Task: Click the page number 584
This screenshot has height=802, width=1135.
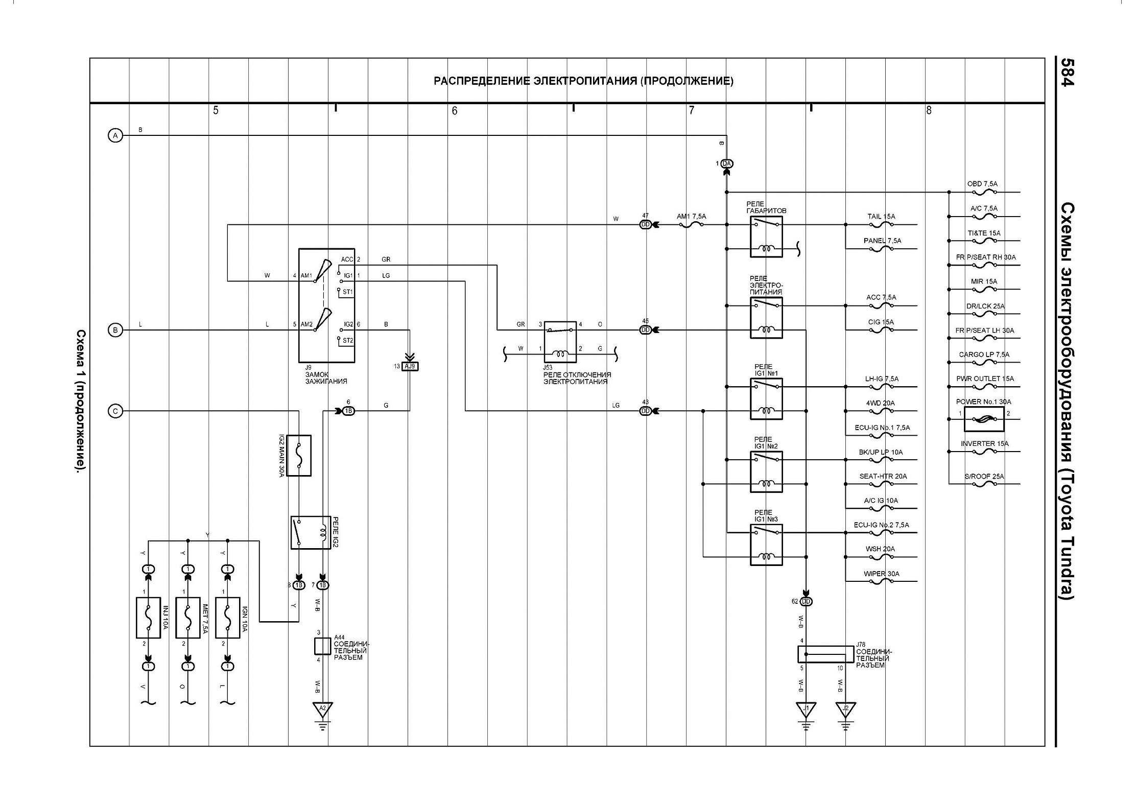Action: pyautogui.click(x=1067, y=72)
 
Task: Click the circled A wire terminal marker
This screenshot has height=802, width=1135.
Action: pyautogui.click(x=115, y=135)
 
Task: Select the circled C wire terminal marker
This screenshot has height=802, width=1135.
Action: pyautogui.click(x=115, y=411)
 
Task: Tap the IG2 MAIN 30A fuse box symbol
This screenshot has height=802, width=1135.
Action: pyautogui.click(x=299, y=456)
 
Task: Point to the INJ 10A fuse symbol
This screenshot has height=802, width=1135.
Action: pyautogui.click(x=149, y=618)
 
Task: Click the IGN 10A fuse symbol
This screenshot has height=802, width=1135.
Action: pyautogui.click(x=228, y=618)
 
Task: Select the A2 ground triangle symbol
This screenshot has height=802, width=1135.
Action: pyautogui.click(x=322, y=709)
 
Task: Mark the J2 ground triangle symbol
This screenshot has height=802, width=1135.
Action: pyautogui.click(x=845, y=709)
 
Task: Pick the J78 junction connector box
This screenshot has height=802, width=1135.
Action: pyautogui.click(x=825, y=654)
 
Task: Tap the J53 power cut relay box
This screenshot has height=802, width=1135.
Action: pyautogui.click(x=560, y=342)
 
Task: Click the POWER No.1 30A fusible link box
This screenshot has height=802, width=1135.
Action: pyautogui.click(x=984, y=419)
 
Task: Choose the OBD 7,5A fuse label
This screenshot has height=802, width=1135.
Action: pyautogui.click(x=982, y=184)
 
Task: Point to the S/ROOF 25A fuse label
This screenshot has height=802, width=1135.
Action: pyautogui.click(x=984, y=477)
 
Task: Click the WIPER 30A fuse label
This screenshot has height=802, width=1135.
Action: pyautogui.click(x=882, y=574)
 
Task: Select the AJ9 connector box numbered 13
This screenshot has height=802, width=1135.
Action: pyautogui.click(x=410, y=366)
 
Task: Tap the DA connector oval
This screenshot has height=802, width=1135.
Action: pyautogui.click(x=727, y=163)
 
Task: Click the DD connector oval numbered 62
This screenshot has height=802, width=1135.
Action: pyautogui.click(x=806, y=601)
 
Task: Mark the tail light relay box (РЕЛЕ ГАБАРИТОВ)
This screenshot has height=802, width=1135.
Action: pyautogui.click(x=766, y=237)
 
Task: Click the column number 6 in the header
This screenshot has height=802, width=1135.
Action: pyautogui.click(x=455, y=110)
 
